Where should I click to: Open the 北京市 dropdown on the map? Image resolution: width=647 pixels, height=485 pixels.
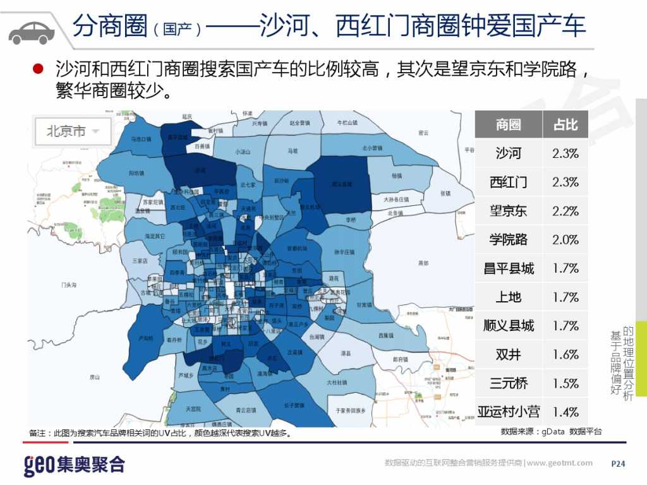pyautogui.click(x=73, y=132)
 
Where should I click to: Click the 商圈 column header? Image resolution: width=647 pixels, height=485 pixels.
pyautogui.click(x=508, y=125)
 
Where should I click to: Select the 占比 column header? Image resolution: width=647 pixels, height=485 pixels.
pyautogui.click(x=565, y=125)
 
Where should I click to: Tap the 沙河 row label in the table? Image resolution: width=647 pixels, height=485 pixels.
pyautogui.click(x=508, y=153)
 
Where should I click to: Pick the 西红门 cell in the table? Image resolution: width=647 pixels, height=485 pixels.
pyautogui.click(x=508, y=183)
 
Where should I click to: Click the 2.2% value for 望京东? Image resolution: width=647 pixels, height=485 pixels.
pyautogui.click(x=565, y=211)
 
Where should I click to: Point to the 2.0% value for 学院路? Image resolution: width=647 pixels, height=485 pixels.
pyautogui.click(x=565, y=240)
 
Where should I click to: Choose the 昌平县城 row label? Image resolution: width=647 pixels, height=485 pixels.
pyautogui.click(x=508, y=268)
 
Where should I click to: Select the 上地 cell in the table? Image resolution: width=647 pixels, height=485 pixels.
pyautogui.click(x=508, y=297)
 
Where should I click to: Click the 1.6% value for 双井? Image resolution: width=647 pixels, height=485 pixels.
pyautogui.click(x=565, y=354)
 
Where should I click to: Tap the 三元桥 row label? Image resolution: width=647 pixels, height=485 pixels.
pyautogui.click(x=508, y=383)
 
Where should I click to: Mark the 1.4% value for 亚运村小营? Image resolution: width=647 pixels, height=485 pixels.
pyautogui.click(x=565, y=412)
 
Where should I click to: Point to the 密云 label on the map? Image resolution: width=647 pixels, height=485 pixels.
pyautogui.click(x=423, y=133)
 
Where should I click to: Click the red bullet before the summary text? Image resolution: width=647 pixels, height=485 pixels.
pyautogui.click(x=37, y=68)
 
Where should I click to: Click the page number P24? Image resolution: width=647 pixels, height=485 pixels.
pyautogui.click(x=618, y=464)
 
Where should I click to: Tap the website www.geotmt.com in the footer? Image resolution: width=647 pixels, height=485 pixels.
pyautogui.click(x=560, y=464)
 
